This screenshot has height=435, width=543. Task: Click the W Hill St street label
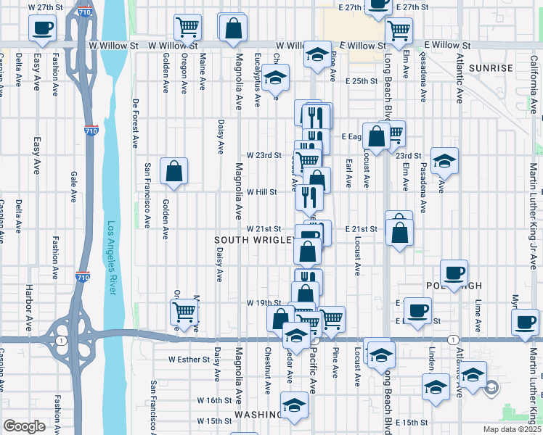tap(262, 192)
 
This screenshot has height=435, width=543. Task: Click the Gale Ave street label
tap(73, 185)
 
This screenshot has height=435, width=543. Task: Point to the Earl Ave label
tap(348, 171)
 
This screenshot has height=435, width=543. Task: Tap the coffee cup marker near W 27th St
tap(42, 28)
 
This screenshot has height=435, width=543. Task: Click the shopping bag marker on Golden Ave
tap(174, 172)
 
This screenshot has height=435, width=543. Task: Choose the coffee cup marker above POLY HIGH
tap(454, 273)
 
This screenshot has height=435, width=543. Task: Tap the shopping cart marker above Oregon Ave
tap(187, 28)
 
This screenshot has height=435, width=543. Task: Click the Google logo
tap(24, 426)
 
